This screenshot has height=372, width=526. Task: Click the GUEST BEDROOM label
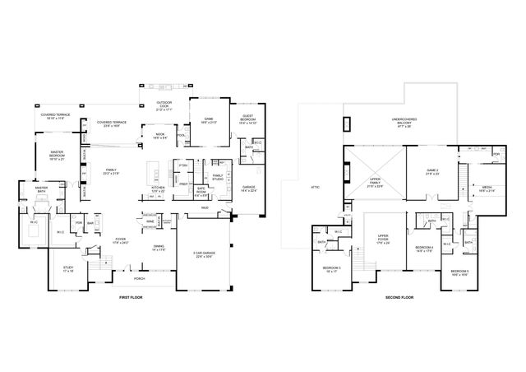[x=247, y=118]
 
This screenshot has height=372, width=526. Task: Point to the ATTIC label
[x=315, y=187]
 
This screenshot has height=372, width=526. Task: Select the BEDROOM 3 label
[x=330, y=268]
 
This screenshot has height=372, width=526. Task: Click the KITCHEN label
[x=158, y=188]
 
